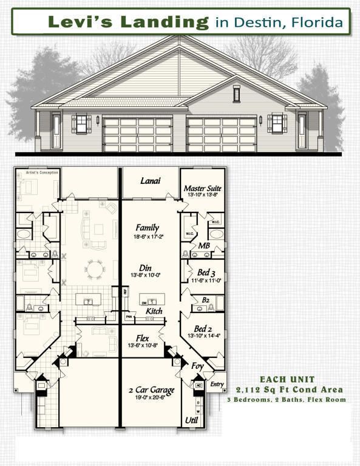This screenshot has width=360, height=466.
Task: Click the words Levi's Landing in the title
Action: [x=128, y=22]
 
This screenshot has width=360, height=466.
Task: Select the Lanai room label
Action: [x=150, y=181]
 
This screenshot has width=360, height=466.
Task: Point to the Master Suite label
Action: [x=202, y=189]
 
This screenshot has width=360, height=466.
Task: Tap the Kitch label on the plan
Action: [x=154, y=311]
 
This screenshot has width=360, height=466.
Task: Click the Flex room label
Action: [x=146, y=337]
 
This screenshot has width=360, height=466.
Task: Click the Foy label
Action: [x=197, y=366]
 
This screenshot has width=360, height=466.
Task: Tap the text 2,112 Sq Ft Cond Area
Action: [x=289, y=389]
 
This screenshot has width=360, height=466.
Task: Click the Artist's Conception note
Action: [x=29, y=172]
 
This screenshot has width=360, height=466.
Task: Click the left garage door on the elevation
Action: [x=138, y=134]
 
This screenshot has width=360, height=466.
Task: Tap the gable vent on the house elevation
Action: [x=237, y=93]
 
